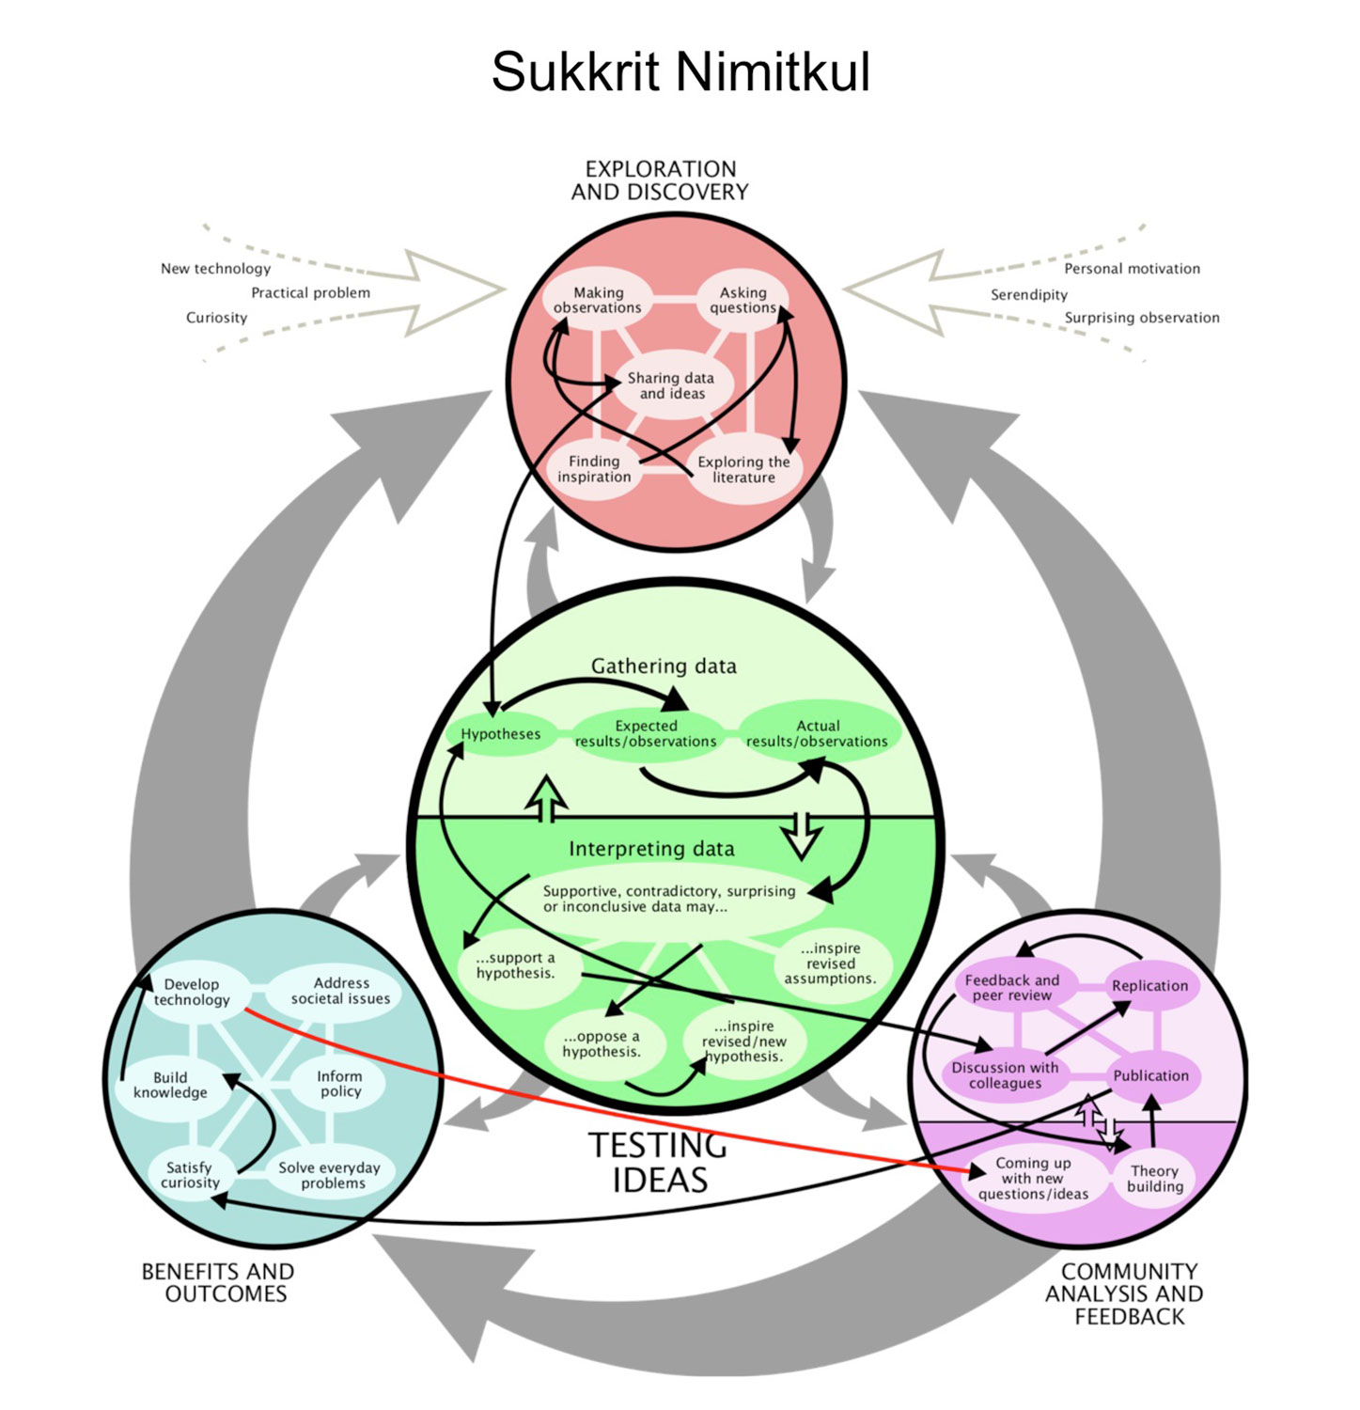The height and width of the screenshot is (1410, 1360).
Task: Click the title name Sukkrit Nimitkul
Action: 680,72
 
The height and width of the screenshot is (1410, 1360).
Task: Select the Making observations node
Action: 598,300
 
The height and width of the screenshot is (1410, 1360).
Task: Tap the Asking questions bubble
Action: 743,300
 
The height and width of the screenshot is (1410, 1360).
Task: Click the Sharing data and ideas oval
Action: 671,385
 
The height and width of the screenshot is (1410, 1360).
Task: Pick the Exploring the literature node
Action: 743,469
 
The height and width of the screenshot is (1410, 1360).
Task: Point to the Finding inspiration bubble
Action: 594,469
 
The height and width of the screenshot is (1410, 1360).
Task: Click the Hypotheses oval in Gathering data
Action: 500,734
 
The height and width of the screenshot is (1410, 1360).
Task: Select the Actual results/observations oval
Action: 817,733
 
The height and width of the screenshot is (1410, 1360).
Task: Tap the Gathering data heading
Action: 664,666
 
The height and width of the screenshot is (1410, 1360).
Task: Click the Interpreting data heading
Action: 651,849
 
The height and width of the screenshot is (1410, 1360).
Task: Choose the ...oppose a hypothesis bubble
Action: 602,1043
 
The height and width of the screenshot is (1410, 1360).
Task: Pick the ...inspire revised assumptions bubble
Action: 830,963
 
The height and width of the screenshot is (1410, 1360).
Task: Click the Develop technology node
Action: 192,992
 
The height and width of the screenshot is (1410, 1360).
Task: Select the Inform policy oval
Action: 339,1084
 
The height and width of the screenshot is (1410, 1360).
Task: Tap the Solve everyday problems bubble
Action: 330,1175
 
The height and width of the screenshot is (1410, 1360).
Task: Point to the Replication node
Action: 1149,986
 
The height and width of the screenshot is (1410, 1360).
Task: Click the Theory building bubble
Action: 1155,1179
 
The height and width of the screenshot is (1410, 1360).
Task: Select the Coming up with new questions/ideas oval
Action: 1033,1179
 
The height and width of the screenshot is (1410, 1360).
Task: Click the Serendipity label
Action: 1029,295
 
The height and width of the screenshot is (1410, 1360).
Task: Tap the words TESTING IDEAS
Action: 659,1163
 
